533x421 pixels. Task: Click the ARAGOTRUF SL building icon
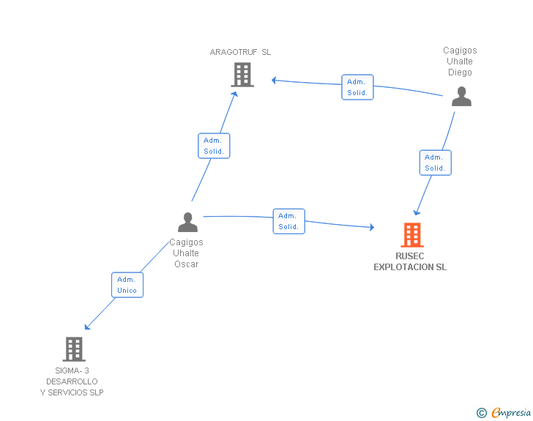(x=242, y=74)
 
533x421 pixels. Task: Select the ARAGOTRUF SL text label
(x=240, y=52)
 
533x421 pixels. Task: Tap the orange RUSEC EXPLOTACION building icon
(x=412, y=235)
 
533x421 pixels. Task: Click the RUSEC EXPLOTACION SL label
(x=410, y=262)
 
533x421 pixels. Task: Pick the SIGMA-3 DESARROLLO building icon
(x=74, y=349)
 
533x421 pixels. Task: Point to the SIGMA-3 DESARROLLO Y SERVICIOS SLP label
(x=72, y=381)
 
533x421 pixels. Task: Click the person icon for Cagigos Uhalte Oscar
(x=187, y=222)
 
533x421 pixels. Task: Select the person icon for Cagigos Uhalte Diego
(x=461, y=97)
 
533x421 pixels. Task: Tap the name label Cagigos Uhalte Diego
(x=460, y=62)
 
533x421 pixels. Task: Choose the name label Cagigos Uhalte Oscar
(x=186, y=253)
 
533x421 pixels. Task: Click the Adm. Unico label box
(x=127, y=285)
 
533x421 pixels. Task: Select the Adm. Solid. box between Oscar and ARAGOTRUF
(x=214, y=146)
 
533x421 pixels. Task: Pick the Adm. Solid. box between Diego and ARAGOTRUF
(x=357, y=87)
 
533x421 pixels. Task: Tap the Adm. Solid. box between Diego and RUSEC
(x=435, y=163)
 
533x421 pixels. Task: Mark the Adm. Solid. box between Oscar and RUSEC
(x=288, y=221)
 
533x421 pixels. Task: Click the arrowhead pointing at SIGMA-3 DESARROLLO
(x=87, y=327)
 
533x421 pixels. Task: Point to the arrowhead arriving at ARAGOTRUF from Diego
(x=274, y=80)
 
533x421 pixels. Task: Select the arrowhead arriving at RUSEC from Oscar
(x=371, y=228)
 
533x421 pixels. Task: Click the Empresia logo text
(x=511, y=413)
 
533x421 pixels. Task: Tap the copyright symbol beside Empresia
(x=481, y=414)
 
